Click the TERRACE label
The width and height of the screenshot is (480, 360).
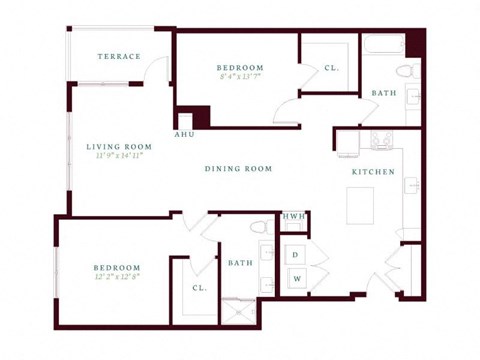(x=119, y=57)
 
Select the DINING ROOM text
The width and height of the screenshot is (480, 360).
(x=239, y=169)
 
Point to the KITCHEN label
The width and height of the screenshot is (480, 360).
(x=373, y=172)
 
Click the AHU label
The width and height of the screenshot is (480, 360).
(x=185, y=134)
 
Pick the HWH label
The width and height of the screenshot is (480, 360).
(x=294, y=216)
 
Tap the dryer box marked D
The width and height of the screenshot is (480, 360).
(x=296, y=254)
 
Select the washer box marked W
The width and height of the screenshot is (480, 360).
(x=296, y=279)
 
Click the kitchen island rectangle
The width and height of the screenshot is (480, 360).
(x=360, y=205)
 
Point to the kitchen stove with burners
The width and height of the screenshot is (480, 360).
(x=381, y=140)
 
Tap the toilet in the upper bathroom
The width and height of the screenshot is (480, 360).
(x=405, y=71)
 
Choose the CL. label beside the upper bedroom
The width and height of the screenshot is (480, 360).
(x=329, y=69)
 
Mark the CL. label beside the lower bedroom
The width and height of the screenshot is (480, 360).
(x=199, y=289)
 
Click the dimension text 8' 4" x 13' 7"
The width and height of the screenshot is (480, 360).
(x=239, y=77)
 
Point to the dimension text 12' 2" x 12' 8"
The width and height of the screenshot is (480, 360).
(x=117, y=277)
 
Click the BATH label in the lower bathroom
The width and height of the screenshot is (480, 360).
(x=240, y=264)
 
